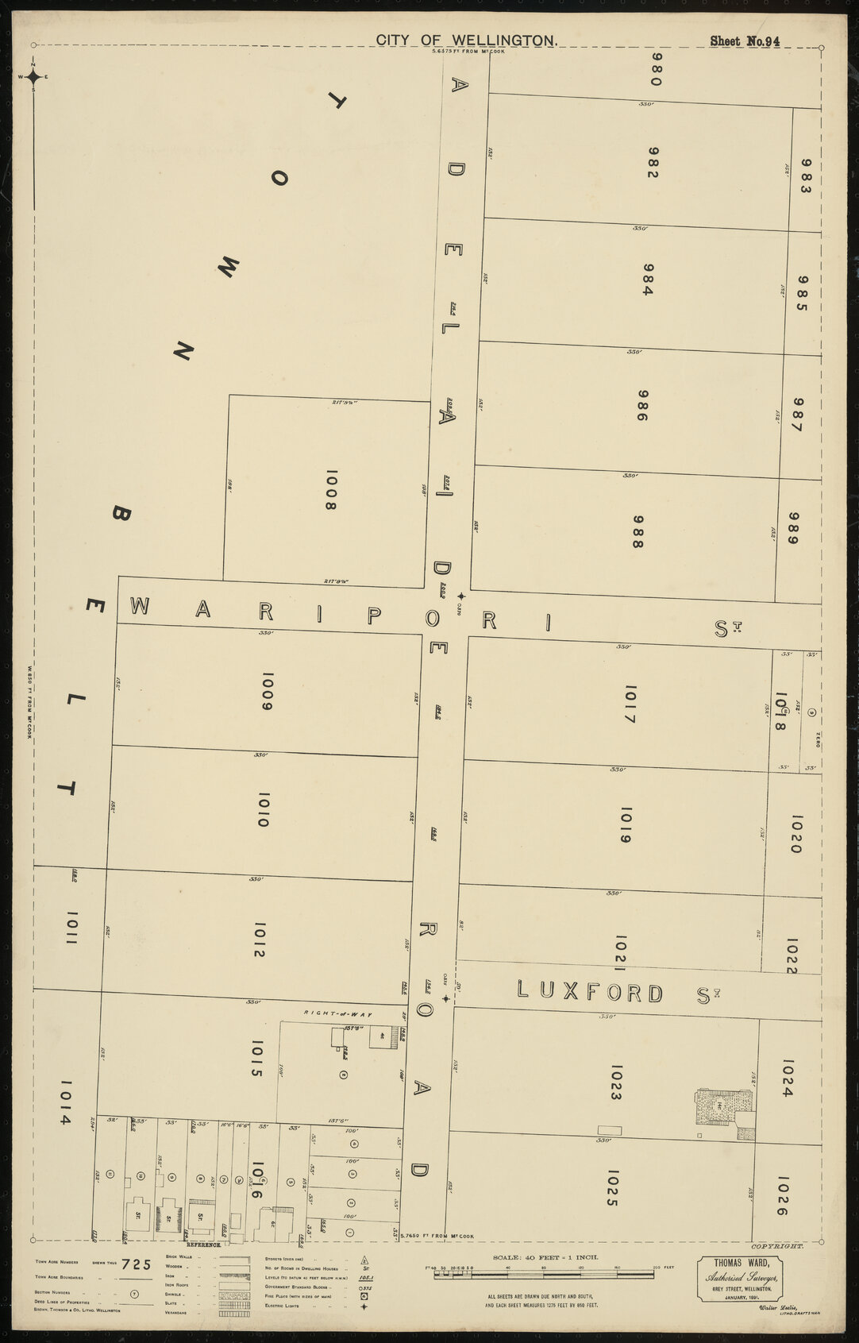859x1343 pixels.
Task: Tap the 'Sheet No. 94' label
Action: point(745,41)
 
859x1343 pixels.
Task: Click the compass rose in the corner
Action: point(33,77)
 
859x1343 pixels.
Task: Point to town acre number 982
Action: point(653,162)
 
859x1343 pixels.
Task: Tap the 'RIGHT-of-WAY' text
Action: point(339,1014)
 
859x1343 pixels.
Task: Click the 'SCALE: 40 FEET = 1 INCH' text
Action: point(547,1258)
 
